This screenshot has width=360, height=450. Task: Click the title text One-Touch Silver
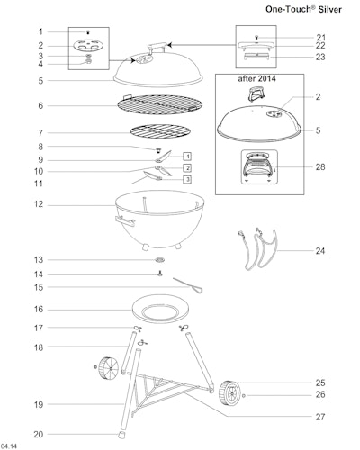pos(303,9)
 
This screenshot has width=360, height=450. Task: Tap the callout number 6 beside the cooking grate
pos(40,105)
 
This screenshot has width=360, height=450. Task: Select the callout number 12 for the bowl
pos(39,204)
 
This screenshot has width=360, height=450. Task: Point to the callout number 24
pos(320,250)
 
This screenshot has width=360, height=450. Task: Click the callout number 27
pos(320,417)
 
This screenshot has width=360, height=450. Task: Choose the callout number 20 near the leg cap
pos(39,434)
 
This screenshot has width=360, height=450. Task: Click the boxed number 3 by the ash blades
pos(187,179)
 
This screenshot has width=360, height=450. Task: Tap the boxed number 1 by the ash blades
pos(187,157)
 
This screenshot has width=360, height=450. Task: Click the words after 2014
pos(257,79)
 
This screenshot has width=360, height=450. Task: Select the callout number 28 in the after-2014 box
pos(320,166)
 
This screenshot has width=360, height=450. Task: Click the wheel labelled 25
pos(229,393)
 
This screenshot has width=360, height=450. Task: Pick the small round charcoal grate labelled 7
pos(161,131)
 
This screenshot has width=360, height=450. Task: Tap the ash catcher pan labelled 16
pos(160,309)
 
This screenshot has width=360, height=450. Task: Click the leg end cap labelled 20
pos(121,435)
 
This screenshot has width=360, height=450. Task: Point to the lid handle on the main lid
pos(157,48)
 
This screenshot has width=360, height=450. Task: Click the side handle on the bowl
pos(125,221)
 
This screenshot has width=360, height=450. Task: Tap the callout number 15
pos(39,287)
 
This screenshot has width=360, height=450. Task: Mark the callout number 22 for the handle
pos(320,46)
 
